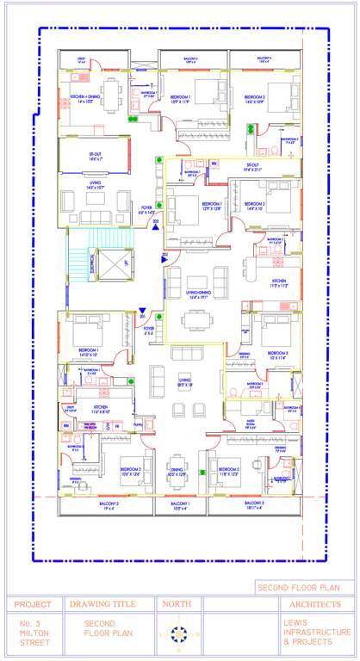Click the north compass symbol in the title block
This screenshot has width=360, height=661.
click(179, 634)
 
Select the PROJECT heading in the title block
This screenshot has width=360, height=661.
click(33, 604)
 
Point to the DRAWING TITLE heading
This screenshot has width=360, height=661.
click(109, 604)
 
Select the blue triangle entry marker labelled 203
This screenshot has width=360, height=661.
click(156, 223)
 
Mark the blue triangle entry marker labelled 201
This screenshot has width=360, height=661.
click(142, 313)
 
